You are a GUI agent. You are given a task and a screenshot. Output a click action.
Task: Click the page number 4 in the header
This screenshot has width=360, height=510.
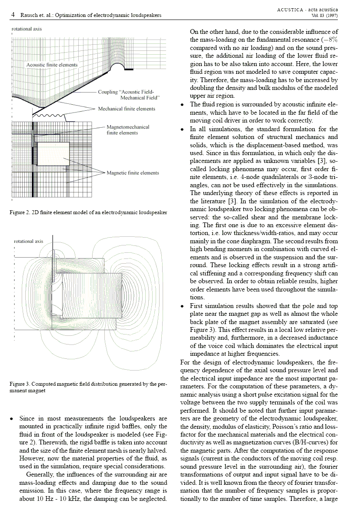click(13, 15)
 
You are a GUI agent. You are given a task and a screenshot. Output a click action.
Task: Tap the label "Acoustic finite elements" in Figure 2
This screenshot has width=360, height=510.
click(52, 65)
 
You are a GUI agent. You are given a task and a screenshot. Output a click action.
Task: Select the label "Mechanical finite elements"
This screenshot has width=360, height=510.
click(126, 109)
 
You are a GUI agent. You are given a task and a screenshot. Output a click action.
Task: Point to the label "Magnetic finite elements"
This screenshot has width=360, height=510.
click(133, 173)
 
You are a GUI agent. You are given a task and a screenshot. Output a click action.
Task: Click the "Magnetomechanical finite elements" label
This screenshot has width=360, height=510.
click(128, 130)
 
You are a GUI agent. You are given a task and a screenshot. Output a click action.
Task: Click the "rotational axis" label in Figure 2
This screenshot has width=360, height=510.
click(27, 29)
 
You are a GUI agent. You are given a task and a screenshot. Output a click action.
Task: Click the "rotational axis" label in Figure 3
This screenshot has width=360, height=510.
click(29, 241)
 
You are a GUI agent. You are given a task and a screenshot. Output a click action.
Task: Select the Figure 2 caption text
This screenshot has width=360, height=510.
click(88, 212)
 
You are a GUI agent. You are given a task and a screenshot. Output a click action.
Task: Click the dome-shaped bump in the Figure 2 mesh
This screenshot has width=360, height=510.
click(117, 68)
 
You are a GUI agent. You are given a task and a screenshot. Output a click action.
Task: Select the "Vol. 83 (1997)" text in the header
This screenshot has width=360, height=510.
click(324, 15)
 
